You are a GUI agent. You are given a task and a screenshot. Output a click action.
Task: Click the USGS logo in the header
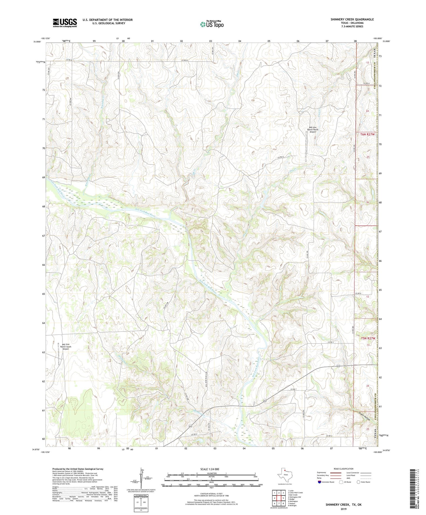click(x=65, y=23)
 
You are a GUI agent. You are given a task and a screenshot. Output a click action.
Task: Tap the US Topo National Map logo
click(x=212, y=24)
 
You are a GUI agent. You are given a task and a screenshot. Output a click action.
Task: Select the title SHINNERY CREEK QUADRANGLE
click(x=352, y=19)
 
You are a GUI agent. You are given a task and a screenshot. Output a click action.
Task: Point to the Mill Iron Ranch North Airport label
click(x=312, y=129)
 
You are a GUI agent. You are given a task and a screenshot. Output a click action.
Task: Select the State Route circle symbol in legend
click(x=358, y=482)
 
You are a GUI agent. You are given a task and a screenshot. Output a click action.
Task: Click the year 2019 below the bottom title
click(x=343, y=509)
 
